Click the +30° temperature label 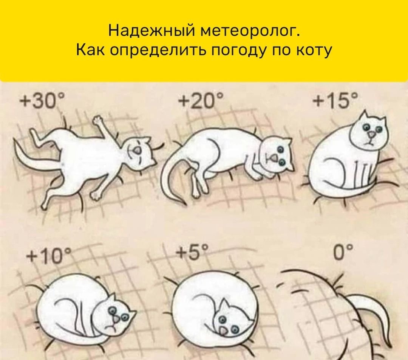tap(42, 101)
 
